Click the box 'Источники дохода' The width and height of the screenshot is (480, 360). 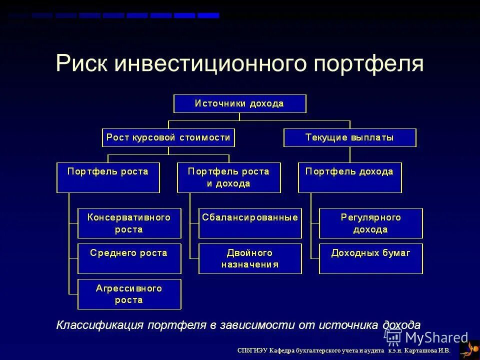coord(239,103)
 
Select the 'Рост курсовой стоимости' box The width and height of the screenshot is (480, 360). coord(168,137)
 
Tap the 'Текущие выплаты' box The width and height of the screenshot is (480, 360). coord(349,137)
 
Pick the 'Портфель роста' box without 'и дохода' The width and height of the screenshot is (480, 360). coord(108,177)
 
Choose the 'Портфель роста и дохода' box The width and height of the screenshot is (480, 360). coord(228,177)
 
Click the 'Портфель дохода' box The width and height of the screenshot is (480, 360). coord(349,177)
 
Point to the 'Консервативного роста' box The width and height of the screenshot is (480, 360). coord(129,223)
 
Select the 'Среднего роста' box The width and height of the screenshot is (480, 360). coord(129,258)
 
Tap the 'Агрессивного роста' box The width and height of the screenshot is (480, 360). coord(129,294)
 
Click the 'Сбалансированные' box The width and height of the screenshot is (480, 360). coord(250,223)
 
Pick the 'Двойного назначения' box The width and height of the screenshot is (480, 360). coord(250,258)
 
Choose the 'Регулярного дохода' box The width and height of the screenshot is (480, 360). coord(370,223)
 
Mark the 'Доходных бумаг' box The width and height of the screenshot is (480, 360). coord(370,258)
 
